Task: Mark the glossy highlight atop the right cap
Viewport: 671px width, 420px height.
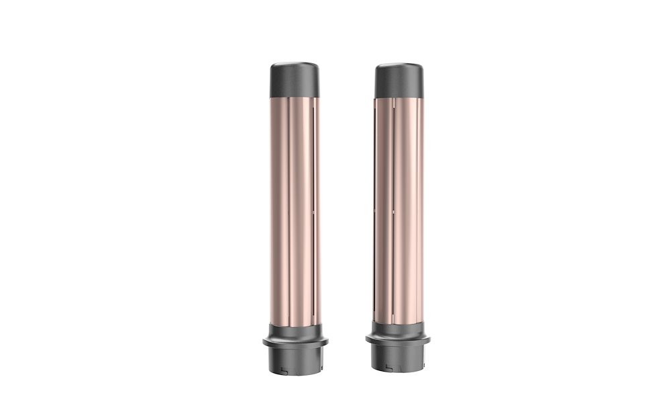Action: [x=399, y=67]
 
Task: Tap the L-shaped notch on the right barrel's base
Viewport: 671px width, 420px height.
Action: [x=390, y=367]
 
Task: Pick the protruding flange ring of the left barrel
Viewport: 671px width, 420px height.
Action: [x=295, y=342]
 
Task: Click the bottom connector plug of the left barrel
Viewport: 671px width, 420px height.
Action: [x=295, y=360]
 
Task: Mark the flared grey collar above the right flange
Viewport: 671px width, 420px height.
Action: [x=398, y=329]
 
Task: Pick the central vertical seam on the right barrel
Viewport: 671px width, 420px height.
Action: [x=393, y=208]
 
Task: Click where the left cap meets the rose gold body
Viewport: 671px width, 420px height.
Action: [x=295, y=97]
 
